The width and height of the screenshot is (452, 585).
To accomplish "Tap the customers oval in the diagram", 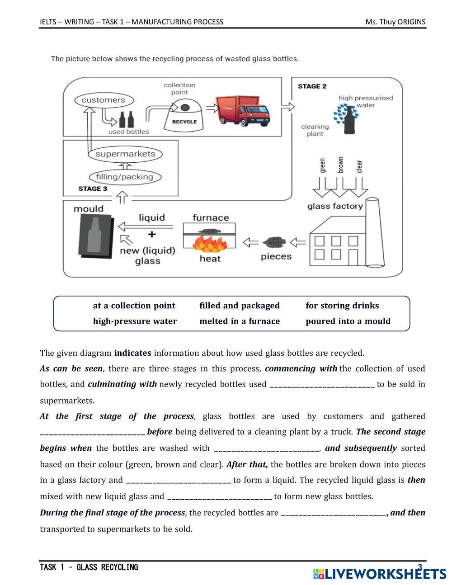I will click(103, 100).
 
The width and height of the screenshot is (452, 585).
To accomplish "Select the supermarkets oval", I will click(125, 154).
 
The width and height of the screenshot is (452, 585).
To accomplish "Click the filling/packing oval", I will click(124, 177).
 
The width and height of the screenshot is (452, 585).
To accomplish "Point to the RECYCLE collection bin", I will click(184, 116).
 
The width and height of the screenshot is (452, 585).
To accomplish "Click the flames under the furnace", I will click(209, 245).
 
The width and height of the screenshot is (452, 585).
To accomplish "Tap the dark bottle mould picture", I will click(94, 235).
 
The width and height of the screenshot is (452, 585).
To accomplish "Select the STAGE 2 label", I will click(312, 86).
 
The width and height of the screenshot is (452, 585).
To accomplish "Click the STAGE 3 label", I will click(93, 189).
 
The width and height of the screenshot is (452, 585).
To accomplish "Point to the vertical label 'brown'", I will click(341, 165).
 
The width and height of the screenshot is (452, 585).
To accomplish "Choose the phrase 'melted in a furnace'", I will click(240, 321).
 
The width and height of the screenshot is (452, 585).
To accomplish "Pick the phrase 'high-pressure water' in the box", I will click(135, 321).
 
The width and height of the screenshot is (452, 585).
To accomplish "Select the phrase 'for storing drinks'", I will click(342, 306).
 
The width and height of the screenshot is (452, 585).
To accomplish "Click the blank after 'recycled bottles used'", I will click(322, 384).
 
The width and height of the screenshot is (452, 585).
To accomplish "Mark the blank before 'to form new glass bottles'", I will click(220, 496).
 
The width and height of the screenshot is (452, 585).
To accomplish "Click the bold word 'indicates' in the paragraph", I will click(133, 353).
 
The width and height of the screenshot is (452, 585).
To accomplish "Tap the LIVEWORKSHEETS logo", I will click(379, 574).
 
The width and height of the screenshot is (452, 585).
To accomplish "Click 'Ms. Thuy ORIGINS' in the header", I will click(395, 22).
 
